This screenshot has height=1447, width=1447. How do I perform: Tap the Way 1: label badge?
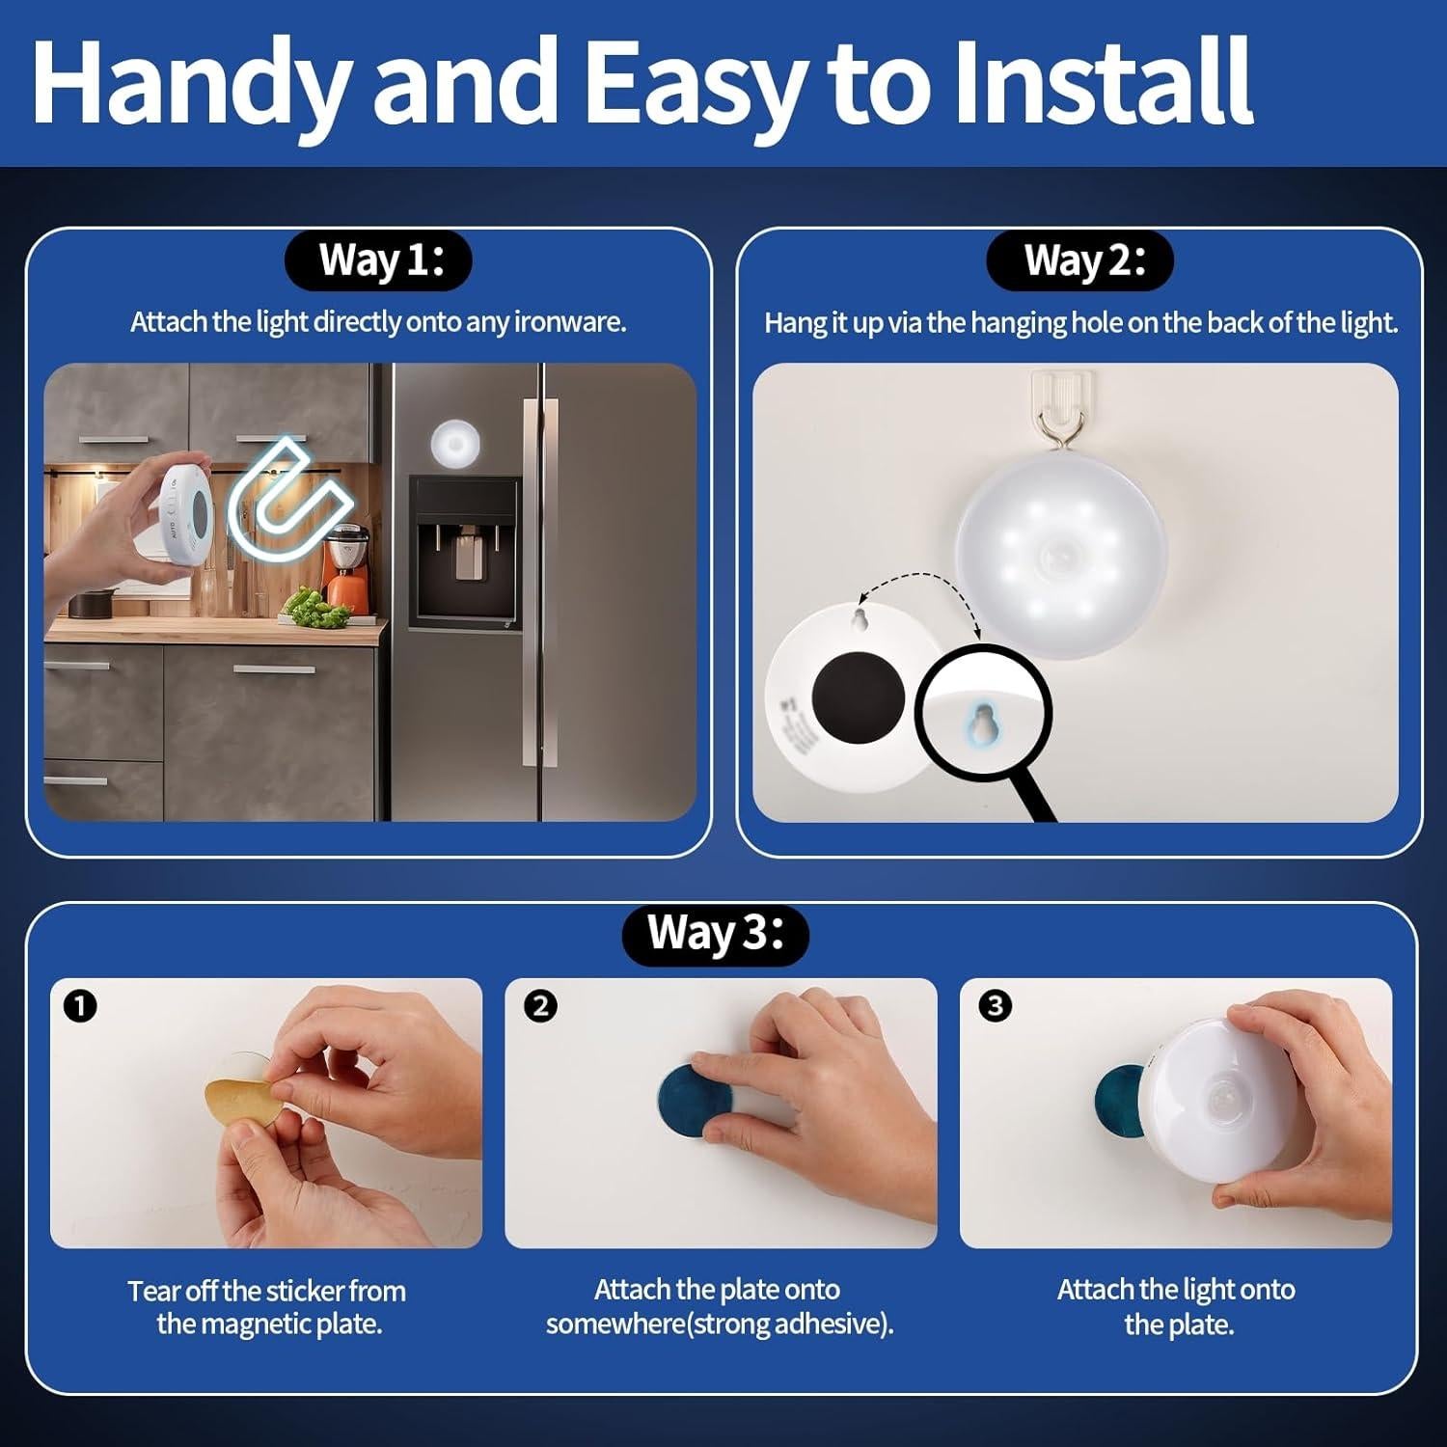click(379, 260)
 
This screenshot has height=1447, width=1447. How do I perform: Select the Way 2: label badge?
click(1079, 260)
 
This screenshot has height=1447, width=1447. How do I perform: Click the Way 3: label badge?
click(716, 934)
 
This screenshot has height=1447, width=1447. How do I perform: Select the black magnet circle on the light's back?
click(857, 695)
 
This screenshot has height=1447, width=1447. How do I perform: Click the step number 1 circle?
click(80, 1006)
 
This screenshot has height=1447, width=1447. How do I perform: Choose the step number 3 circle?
click(995, 1006)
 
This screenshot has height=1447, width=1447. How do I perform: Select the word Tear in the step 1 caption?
click(150, 1291)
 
